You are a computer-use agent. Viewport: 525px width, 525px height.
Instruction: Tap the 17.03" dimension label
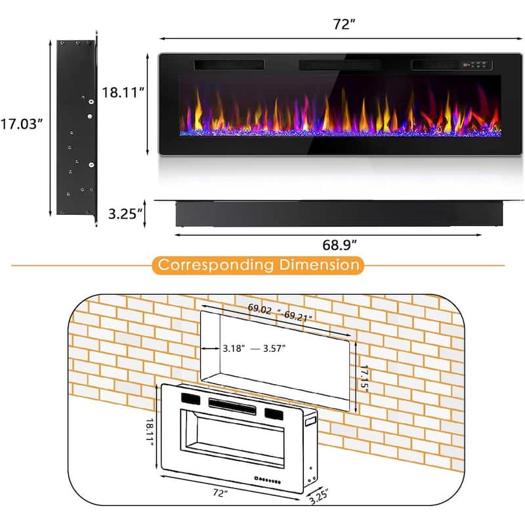point(22,125)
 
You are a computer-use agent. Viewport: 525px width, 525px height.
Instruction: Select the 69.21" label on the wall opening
point(299,316)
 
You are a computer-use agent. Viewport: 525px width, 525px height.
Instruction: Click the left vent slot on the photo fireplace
point(228,66)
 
